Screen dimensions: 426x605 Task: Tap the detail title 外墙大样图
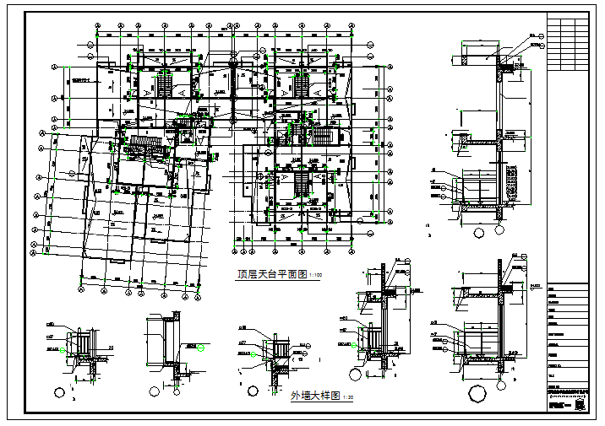(x=311, y=395)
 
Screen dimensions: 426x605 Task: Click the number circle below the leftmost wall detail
(x=59, y=391)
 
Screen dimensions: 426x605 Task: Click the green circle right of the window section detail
(x=200, y=347)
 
